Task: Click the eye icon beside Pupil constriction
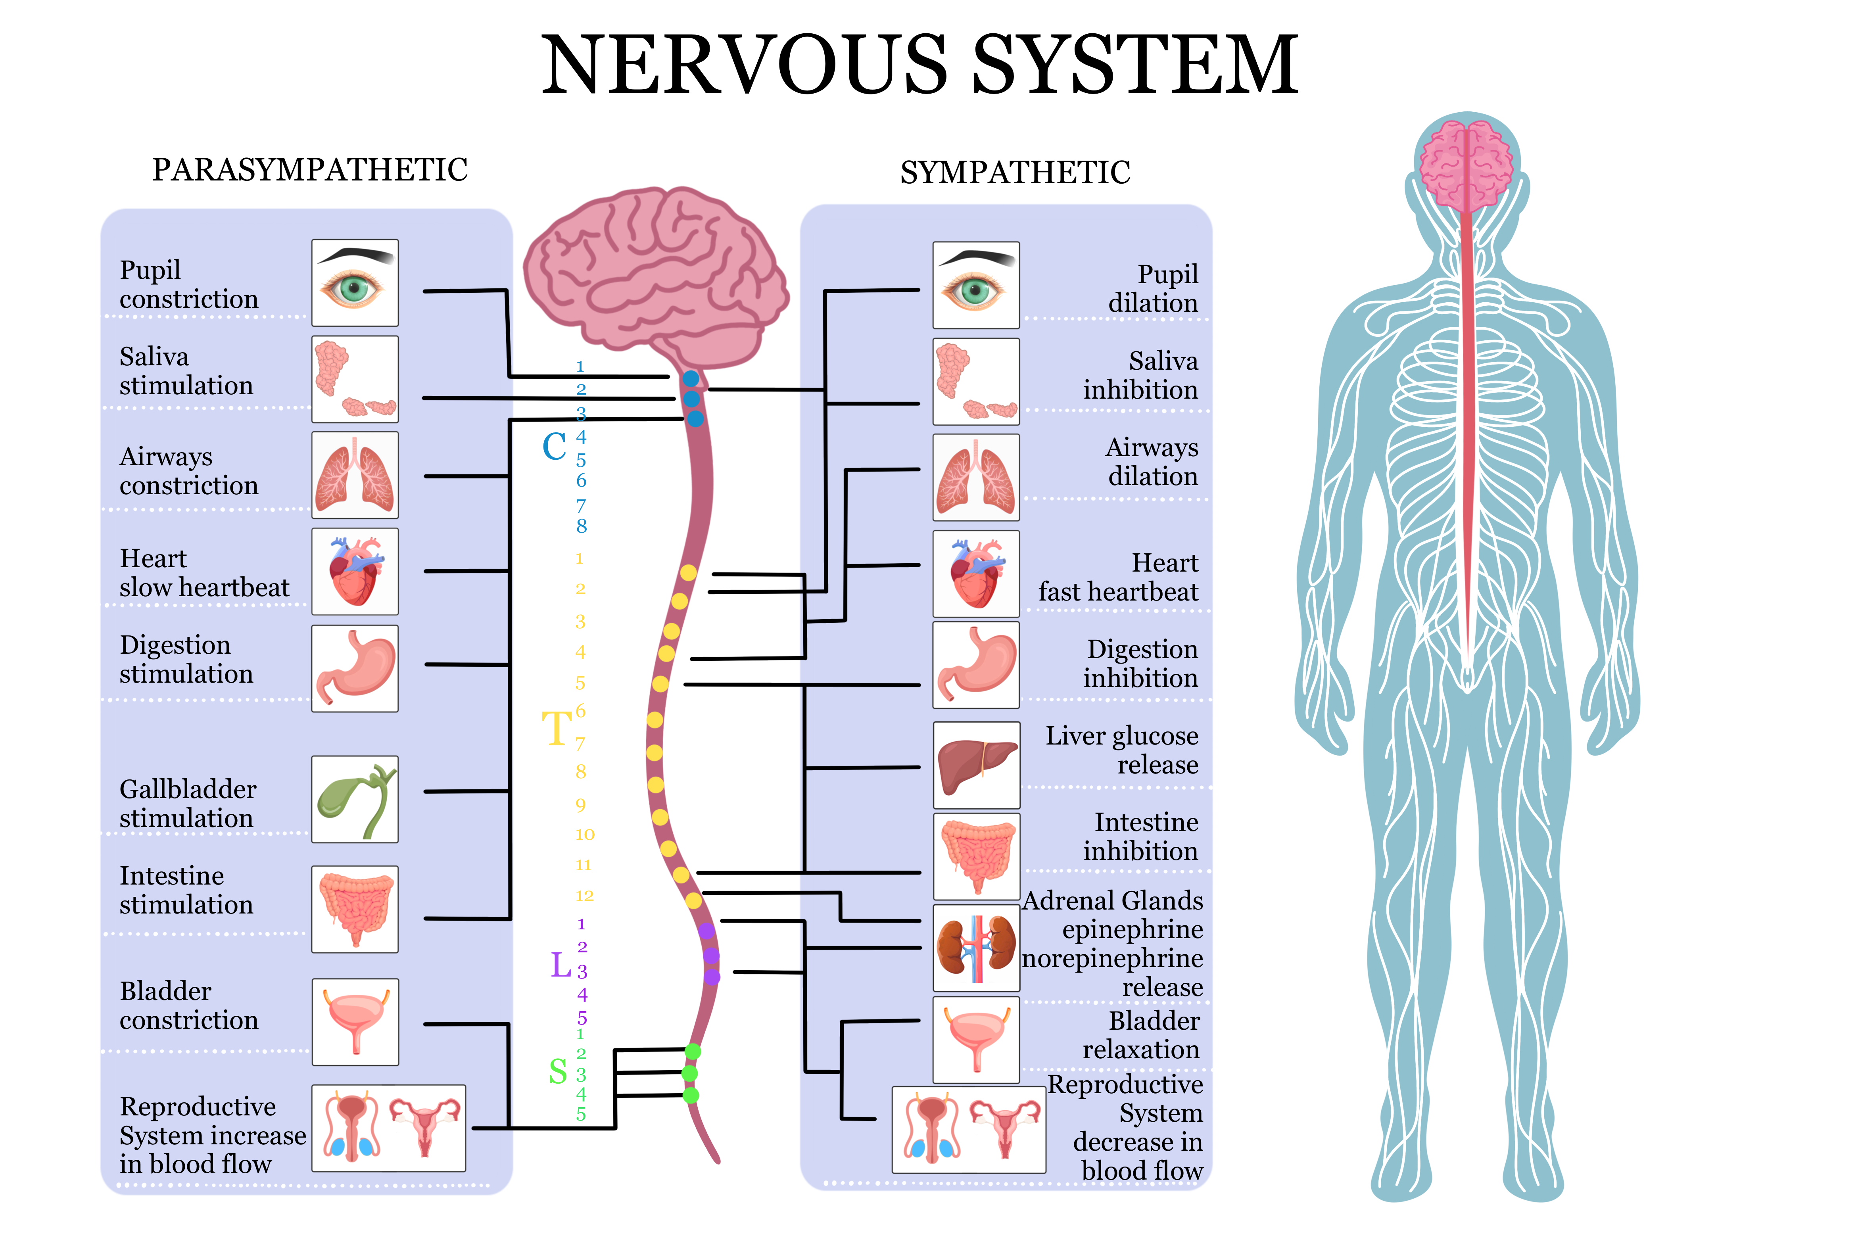click(x=355, y=283)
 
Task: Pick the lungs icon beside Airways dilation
click(x=976, y=478)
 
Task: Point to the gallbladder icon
click(x=355, y=799)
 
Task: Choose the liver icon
click(x=976, y=765)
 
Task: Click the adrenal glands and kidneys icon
click(x=976, y=948)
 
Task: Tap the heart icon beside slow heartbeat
click(x=355, y=571)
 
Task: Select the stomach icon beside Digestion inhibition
click(x=976, y=665)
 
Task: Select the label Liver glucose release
click(x=1121, y=750)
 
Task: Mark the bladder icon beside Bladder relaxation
click(x=976, y=1039)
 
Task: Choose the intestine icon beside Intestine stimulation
click(x=355, y=909)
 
